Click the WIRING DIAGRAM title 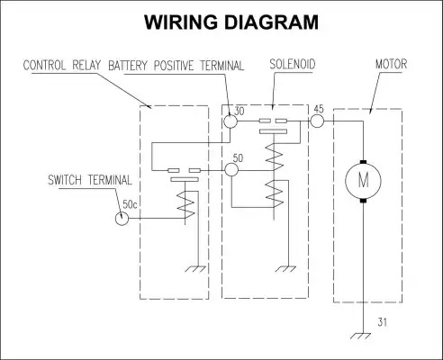click(231, 22)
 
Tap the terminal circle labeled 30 click(231, 121)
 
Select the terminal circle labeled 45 click(317, 121)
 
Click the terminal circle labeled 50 click(231, 170)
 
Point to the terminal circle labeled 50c click(122, 218)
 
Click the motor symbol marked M click(363, 181)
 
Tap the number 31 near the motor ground click(383, 322)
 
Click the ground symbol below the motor click(361, 336)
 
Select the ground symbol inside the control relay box click(195, 269)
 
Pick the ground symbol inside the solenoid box click(285, 269)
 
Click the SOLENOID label click(293, 65)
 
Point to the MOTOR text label click(391, 64)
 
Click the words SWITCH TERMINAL click(90, 180)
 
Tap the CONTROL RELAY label click(62, 66)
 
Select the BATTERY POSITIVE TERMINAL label click(176, 66)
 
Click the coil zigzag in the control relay click(185, 205)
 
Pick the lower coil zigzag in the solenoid click(275, 193)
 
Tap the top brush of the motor click(363, 162)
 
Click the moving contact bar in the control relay click(185, 179)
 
